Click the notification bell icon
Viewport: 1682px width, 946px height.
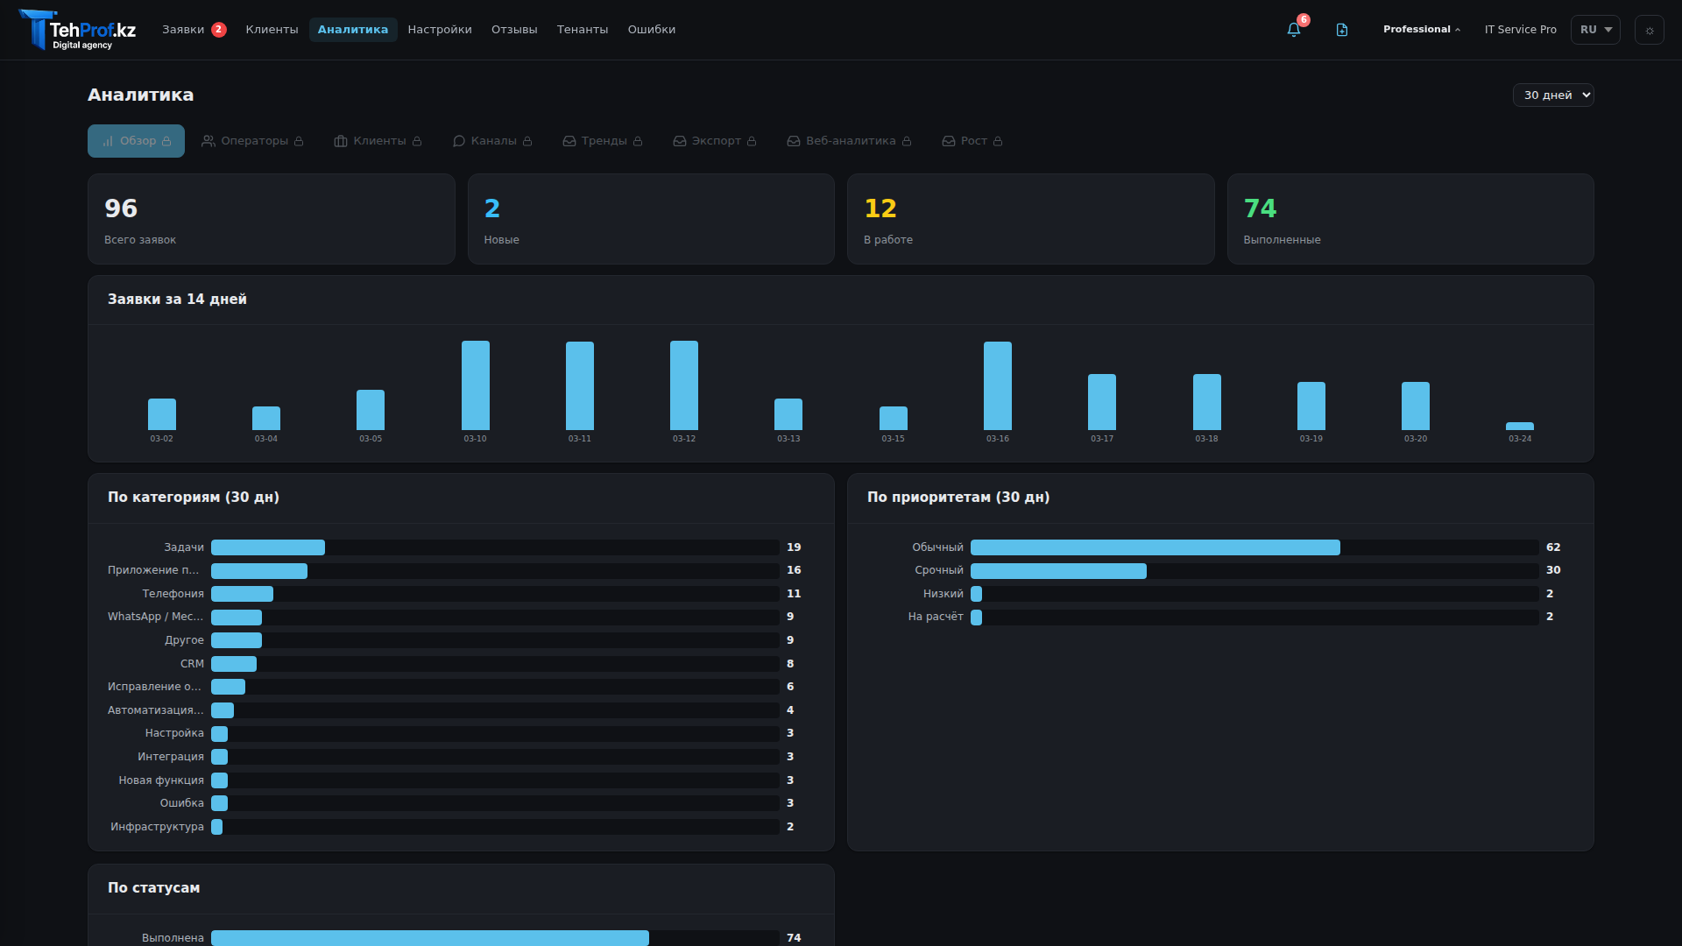point(1293,30)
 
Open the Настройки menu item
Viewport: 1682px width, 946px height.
point(440,30)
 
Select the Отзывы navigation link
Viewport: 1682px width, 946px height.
point(514,30)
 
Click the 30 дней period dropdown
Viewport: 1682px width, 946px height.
point(1552,95)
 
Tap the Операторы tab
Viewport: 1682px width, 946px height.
point(253,141)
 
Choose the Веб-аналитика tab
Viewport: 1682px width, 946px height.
point(849,141)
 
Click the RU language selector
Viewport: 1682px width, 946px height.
point(1595,30)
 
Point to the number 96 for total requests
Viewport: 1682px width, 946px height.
point(121,208)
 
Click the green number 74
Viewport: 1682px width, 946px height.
point(1260,208)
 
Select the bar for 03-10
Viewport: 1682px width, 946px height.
point(476,385)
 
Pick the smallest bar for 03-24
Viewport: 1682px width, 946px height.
point(1520,427)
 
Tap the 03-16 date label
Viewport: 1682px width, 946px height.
point(998,439)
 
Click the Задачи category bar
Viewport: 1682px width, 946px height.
point(268,547)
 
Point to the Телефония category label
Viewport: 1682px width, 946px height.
point(173,594)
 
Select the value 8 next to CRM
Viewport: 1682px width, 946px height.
point(790,664)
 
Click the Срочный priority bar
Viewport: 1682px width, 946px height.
point(1058,571)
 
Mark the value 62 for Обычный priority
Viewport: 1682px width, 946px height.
point(1553,547)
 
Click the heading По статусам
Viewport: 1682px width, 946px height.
point(153,888)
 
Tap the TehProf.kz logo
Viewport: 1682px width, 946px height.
point(78,31)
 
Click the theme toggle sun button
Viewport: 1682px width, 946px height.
point(1650,30)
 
